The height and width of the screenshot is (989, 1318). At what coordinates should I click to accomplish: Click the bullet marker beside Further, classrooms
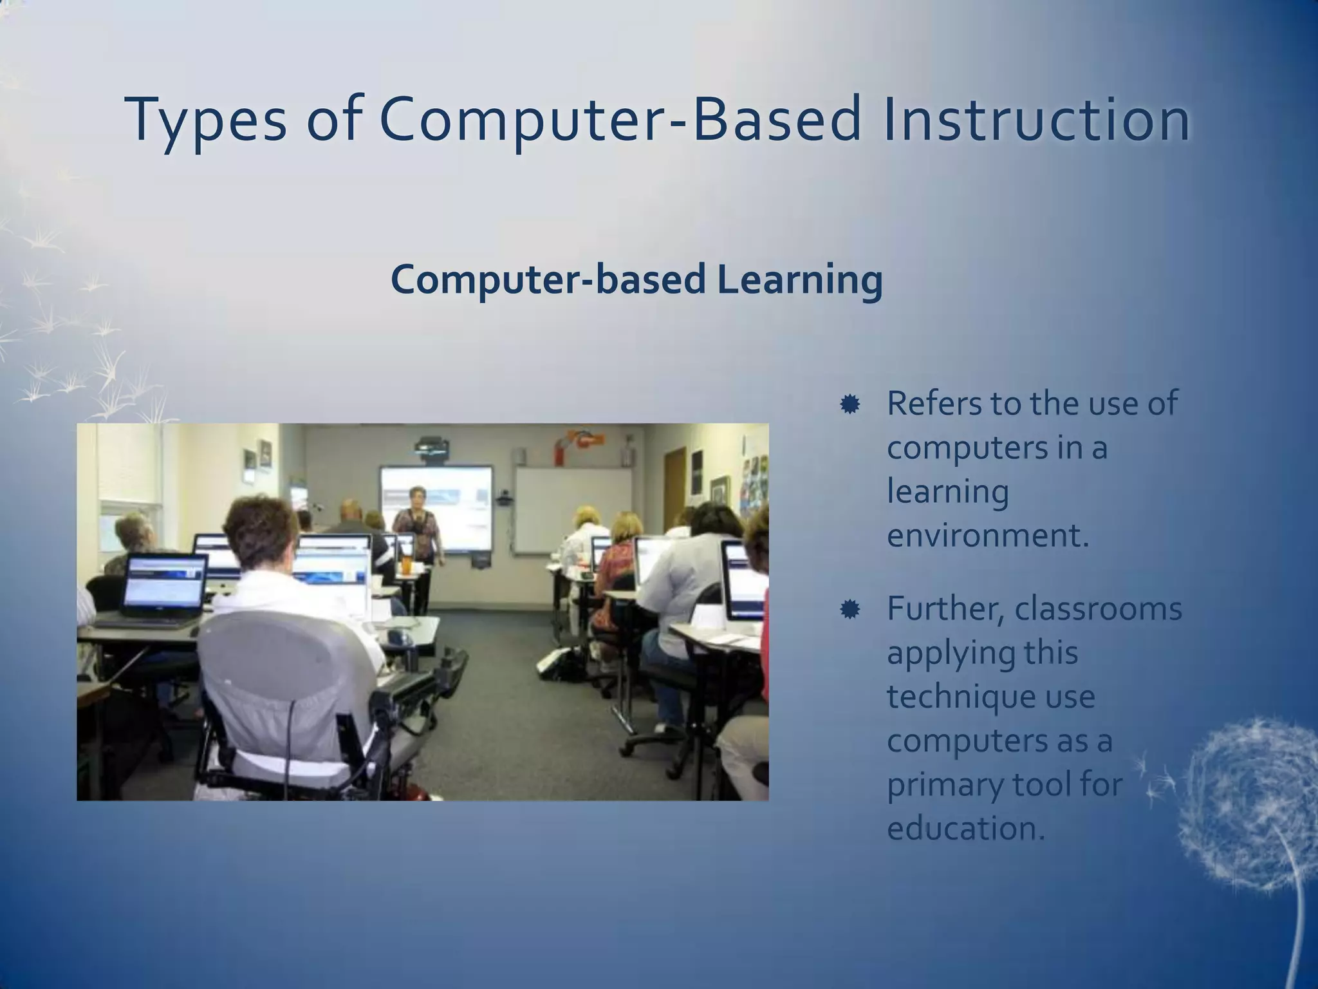849,609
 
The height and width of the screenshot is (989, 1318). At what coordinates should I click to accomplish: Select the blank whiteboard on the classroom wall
573,509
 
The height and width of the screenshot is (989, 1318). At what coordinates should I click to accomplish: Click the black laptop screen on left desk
165,583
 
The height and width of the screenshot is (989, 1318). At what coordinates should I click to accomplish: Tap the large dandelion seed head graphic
1248,805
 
